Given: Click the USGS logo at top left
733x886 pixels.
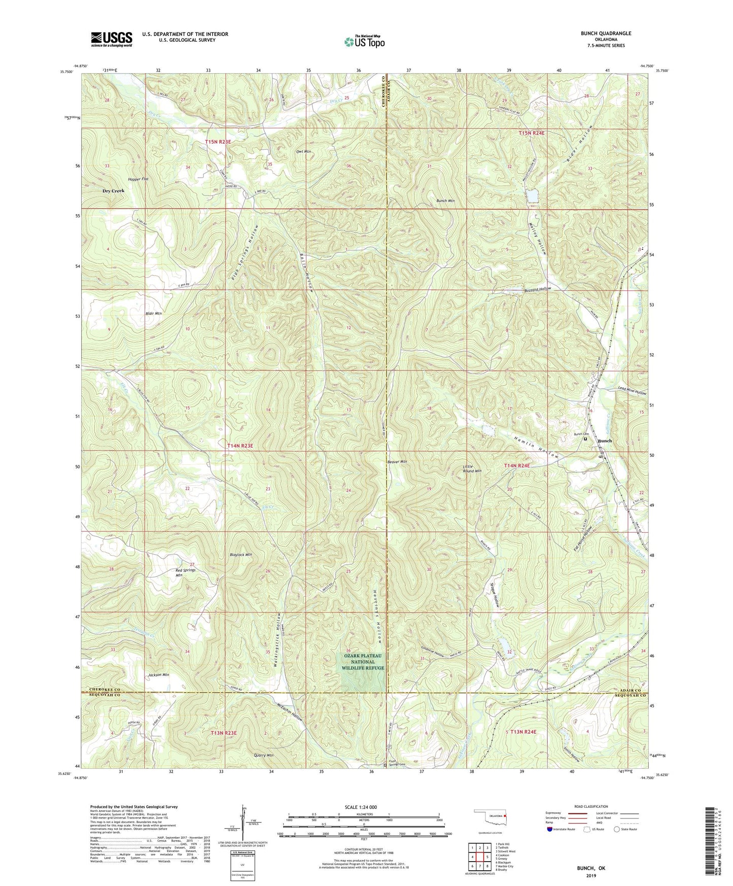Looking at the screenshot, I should tap(112, 39).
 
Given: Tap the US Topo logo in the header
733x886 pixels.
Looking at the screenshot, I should tap(364, 42).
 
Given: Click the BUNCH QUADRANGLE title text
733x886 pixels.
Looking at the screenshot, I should tap(606, 33).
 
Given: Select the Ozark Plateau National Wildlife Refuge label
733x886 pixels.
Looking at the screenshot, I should tap(363, 662).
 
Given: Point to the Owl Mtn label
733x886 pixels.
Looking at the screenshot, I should tap(303, 152).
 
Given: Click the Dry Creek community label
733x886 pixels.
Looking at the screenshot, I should tap(114, 191).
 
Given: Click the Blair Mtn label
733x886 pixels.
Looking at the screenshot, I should tap(153, 314).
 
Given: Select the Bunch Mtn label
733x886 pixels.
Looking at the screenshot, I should tap(445, 201).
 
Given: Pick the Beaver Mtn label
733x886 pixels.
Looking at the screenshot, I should tap(397, 462).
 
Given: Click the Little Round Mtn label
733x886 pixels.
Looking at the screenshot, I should tap(472, 468).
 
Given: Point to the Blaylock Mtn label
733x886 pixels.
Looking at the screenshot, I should tap(240, 555).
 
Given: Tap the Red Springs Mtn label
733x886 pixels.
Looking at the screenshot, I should tap(185, 573).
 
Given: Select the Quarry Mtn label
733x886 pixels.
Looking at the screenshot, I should tap(263, 756).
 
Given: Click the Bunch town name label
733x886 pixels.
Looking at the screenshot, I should tap(605, 440).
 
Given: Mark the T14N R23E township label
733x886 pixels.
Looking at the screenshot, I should tap(240, 446).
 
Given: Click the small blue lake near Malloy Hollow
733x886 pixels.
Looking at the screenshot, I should tap(532, 195).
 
